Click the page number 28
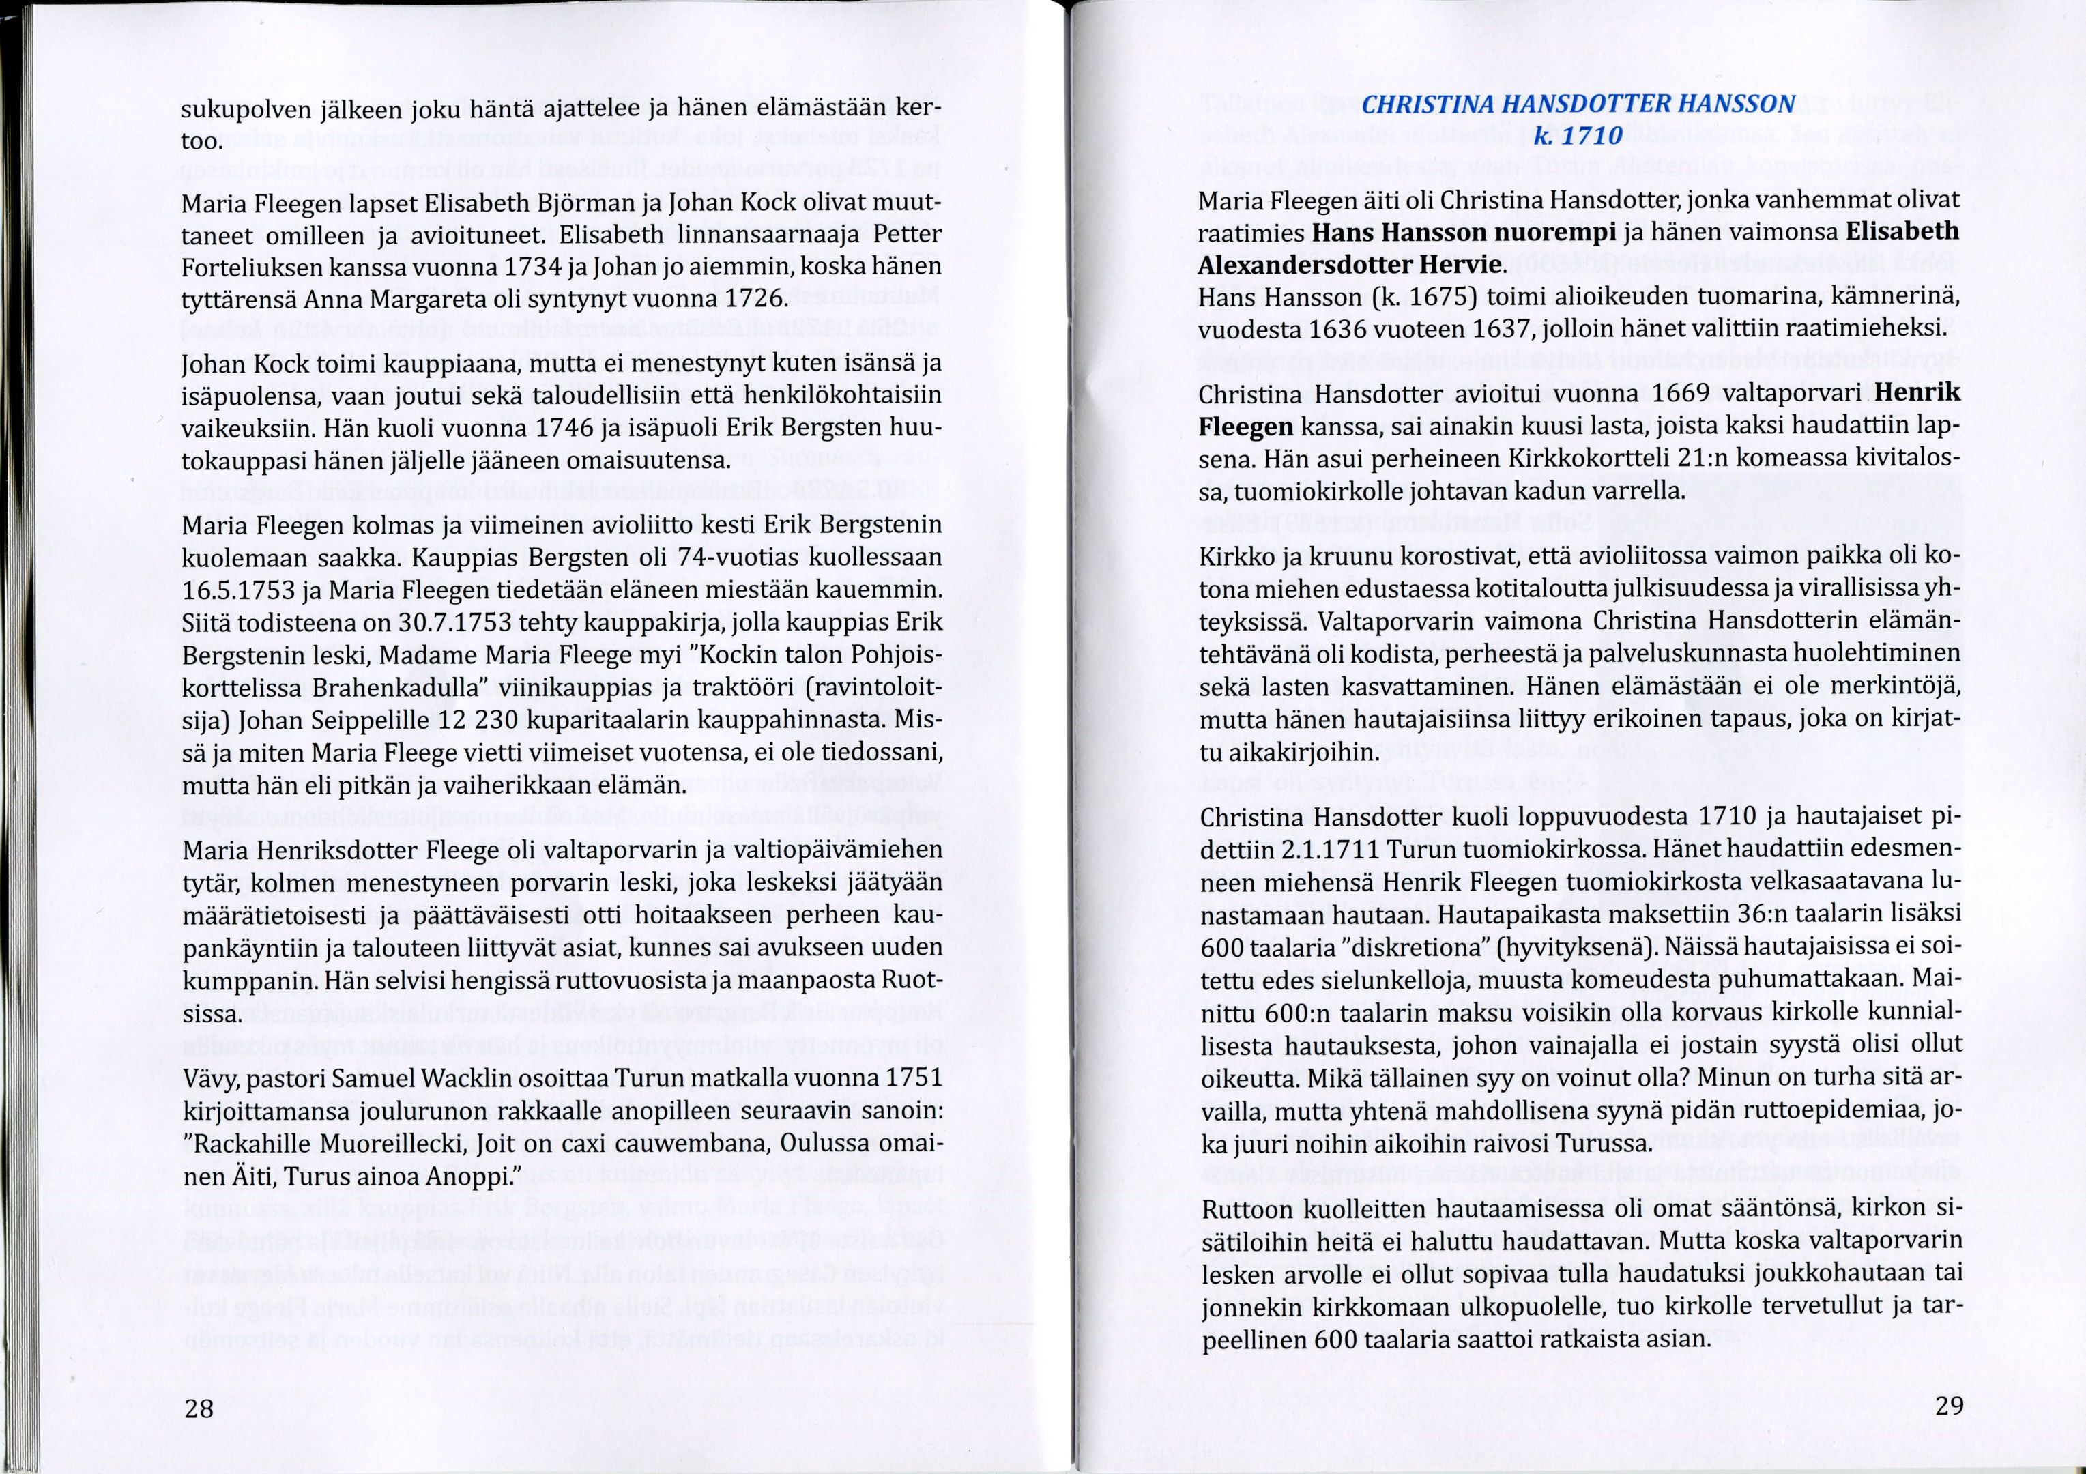click(x=199, y=1409)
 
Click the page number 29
click(x=1949, y=1406)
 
